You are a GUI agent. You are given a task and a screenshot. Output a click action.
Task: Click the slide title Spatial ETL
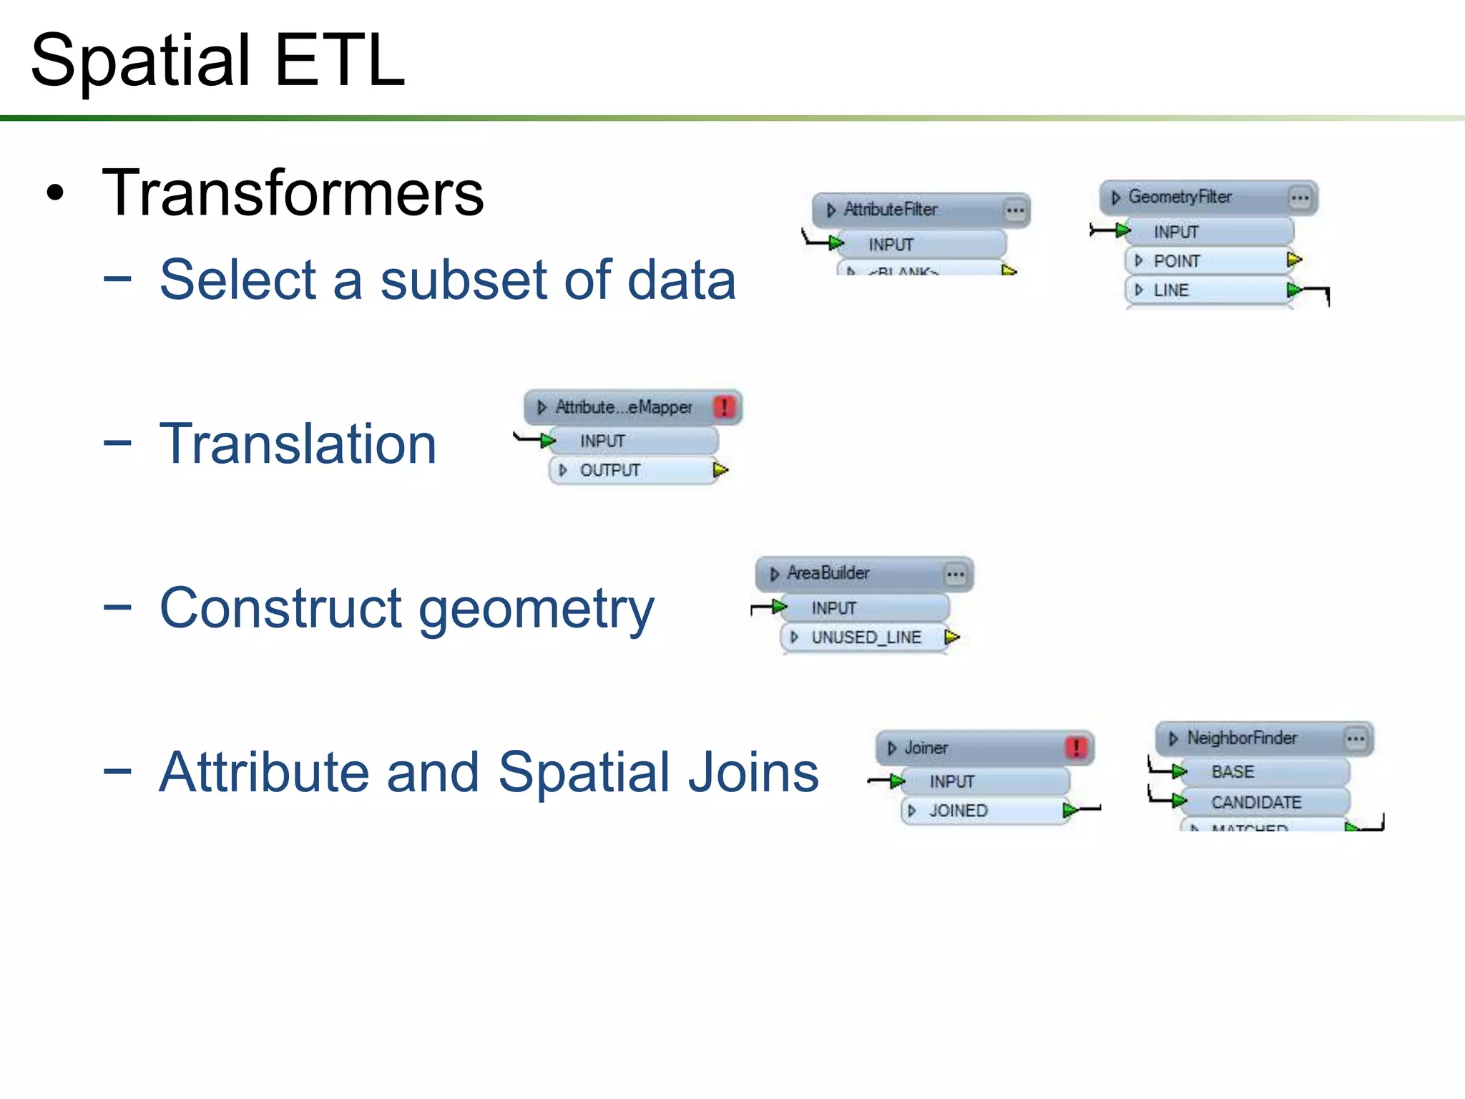217,62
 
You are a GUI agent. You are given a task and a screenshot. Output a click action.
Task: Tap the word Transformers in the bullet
293,193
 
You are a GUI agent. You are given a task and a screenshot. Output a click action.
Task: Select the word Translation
298,444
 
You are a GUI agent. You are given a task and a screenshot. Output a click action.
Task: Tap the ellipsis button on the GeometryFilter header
1300,197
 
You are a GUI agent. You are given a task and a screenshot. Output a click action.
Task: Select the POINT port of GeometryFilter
1177,261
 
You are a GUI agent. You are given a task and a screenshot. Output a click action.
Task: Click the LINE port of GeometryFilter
1171,290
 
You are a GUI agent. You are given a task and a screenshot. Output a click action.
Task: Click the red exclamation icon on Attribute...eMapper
724,408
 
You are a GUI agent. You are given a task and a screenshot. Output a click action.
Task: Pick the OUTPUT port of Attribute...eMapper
609,471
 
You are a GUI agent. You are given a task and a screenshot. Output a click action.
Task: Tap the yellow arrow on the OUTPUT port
720,470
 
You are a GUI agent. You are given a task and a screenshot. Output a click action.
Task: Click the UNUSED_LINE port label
866,638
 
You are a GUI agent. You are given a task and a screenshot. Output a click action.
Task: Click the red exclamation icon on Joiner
1076,748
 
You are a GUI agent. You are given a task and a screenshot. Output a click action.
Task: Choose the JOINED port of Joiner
958,811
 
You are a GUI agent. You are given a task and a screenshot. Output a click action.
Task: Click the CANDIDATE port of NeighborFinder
1256,803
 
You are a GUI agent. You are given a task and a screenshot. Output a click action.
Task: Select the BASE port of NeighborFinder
1233,772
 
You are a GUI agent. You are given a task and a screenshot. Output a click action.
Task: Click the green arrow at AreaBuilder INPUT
780,607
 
